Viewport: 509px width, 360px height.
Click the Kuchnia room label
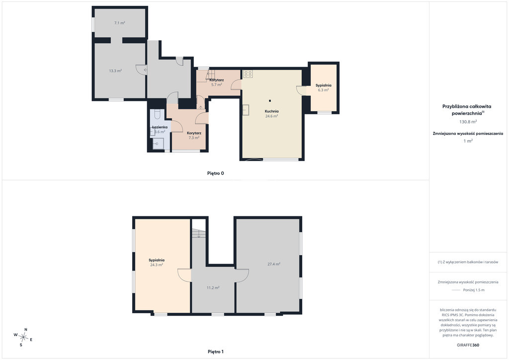(271, 111)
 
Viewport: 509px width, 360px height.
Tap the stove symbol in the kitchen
(248, 74)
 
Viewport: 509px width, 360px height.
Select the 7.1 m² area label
(119, 23)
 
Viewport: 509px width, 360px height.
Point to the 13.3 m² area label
(115, 71)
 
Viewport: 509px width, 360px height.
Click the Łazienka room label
(160, 127)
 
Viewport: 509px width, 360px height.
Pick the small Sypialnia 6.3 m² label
(323, 88)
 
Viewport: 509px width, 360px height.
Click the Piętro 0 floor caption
(216, 174)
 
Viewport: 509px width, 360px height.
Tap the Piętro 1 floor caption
(216, 352)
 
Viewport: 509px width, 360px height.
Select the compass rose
(23, 338)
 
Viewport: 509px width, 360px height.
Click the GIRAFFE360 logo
(468, 345)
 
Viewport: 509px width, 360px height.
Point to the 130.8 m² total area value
(468, 122)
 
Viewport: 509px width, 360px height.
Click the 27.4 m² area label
(274, 264)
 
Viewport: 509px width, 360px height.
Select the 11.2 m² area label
(213, 287)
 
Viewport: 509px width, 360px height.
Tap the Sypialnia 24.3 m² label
(157, 262)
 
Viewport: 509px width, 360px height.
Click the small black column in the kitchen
(270, 100)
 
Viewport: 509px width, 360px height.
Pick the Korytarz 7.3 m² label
(194, 135)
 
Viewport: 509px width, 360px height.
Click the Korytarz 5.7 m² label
(217, 82)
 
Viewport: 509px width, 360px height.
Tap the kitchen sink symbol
(246, 110)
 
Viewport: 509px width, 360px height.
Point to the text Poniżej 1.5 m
(474, 290)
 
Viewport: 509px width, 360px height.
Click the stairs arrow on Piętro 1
(199, 234)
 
